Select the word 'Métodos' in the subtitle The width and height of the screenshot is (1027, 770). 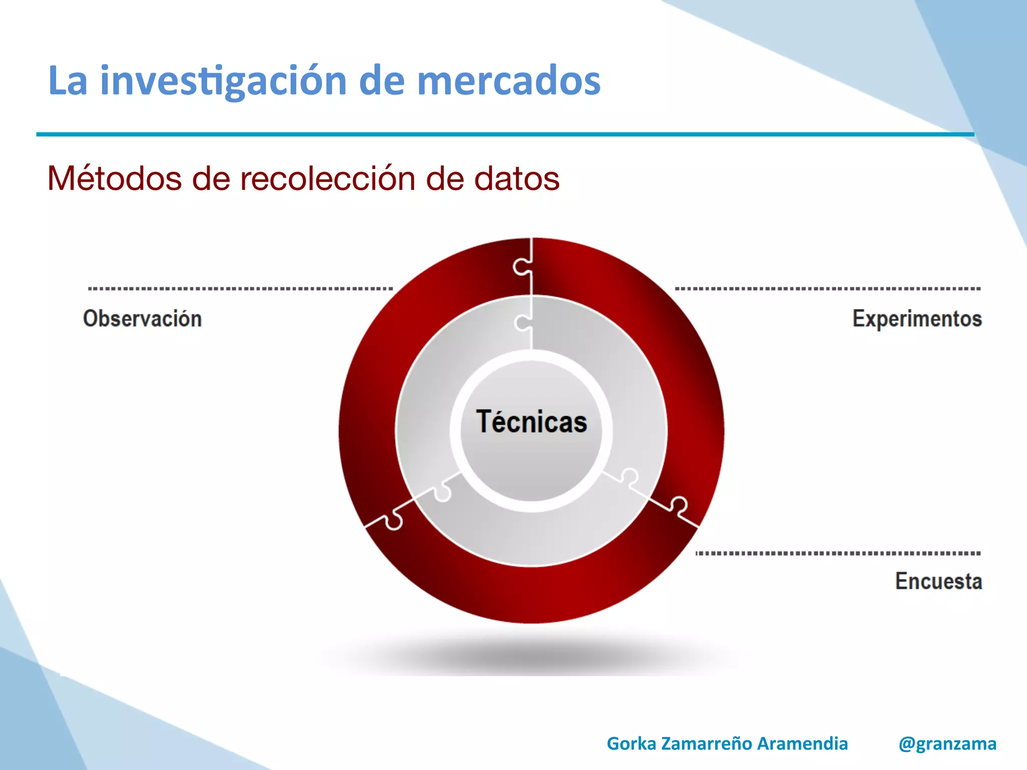[114, 178]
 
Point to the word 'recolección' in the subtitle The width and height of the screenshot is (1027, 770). [328, 178]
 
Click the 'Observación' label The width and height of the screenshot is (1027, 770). [142, 319]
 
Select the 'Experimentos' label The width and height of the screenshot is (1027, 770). [917, 319]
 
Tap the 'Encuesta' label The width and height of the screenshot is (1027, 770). [938, 581]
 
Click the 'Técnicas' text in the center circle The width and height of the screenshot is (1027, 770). [532, 422]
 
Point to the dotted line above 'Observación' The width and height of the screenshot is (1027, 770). [240, 289]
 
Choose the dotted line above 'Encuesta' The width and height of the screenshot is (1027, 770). [837, 553]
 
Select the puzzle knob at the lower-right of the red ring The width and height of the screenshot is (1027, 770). [679, 505]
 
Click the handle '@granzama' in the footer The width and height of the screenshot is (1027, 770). [947, 743]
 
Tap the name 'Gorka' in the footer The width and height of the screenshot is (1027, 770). [631, 743]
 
